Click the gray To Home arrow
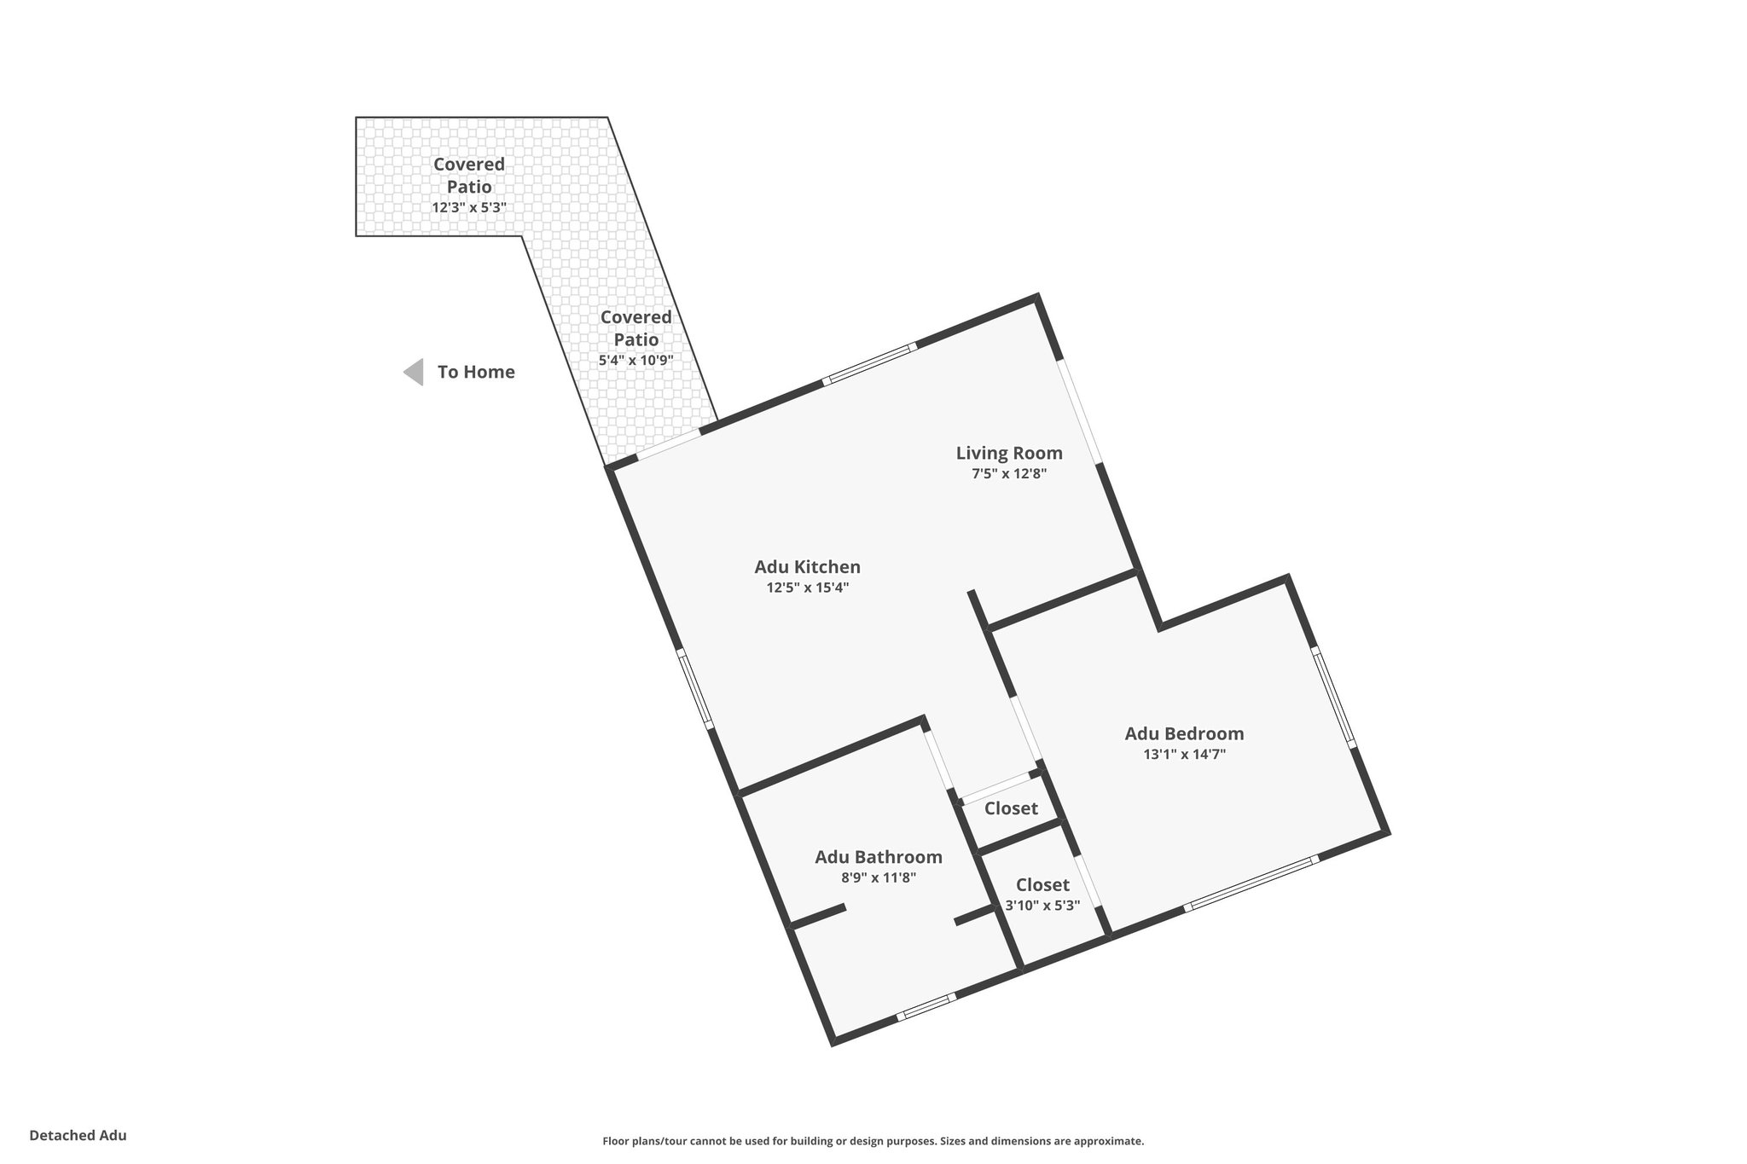[415, 372]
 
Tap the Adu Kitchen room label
[807, 566]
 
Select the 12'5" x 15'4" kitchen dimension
[807, 588]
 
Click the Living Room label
[1009, 453]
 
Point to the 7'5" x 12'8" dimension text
[1009, 474]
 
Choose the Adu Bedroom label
[1184, 733]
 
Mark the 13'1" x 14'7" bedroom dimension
[1184, 754]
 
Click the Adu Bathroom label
[879, 857]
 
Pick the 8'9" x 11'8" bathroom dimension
[879, 877]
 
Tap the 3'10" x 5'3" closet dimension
[1042, 906]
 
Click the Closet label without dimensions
[1011, 808]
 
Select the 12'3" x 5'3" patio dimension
[469, 207]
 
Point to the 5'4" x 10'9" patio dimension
[636, 361]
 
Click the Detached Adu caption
[78, 1136]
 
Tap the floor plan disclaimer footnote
[873, 1141]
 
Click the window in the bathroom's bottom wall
[926, 1006]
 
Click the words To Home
[476, 372]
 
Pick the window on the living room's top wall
[870, 364]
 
